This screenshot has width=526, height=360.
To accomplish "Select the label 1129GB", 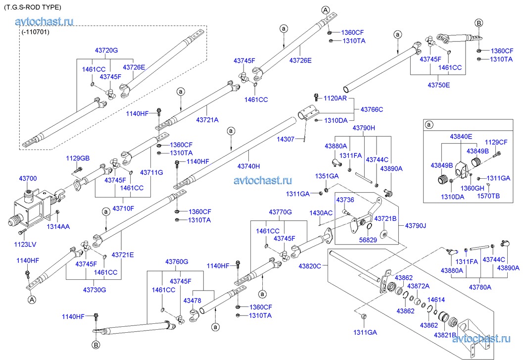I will pyautogui.click(x=78, y=158).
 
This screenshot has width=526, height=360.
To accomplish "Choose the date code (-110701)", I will pyautogui.click(x=36, y=32).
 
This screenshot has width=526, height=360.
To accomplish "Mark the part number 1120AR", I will pyautogui.click(x=335, y=99).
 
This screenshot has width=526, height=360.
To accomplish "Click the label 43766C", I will pyautogui.click(x=372, y=109).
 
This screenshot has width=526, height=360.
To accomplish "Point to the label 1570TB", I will pyautogui.click(x=487, y=196).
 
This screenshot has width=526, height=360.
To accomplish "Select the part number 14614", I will pyautogui.click(x=436, y=300).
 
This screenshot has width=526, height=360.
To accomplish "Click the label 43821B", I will pyautogui.click(x=446, y=335).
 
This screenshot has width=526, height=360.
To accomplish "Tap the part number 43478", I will pyautogui.click(x=192, y=301).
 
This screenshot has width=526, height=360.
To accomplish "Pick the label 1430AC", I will pyautogui.click(x=321, y=212).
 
